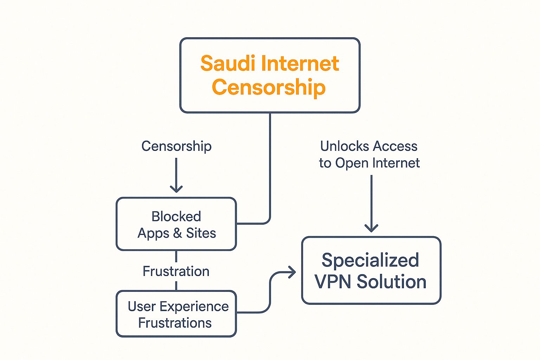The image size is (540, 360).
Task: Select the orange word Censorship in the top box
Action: [269, 87]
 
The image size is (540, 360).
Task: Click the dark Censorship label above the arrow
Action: [176, 146]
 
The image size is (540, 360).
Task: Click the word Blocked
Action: [176, 217]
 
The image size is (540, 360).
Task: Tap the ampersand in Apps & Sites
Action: [178, 233]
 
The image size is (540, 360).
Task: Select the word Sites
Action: [201, 233]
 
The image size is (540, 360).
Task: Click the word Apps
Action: [153, 233]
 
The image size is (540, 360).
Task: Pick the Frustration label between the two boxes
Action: [176, 271]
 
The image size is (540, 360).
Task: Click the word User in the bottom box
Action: [142, 307]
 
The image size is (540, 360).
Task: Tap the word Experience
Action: [194, 307]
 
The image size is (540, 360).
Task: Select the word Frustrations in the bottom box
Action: [175, 323]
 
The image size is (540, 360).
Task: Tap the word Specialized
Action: [370, 261]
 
